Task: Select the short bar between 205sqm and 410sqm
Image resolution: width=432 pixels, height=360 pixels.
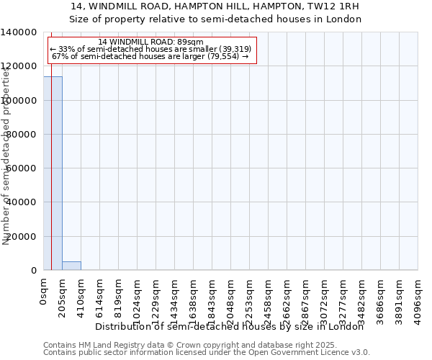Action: (x=71, y=266)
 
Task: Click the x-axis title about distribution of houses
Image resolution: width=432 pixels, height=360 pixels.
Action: (x=230, y=327)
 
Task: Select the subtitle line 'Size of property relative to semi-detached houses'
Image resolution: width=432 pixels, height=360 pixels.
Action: (x=215, y=19)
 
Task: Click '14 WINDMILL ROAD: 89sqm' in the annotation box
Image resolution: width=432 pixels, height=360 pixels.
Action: (x=150, y=42)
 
